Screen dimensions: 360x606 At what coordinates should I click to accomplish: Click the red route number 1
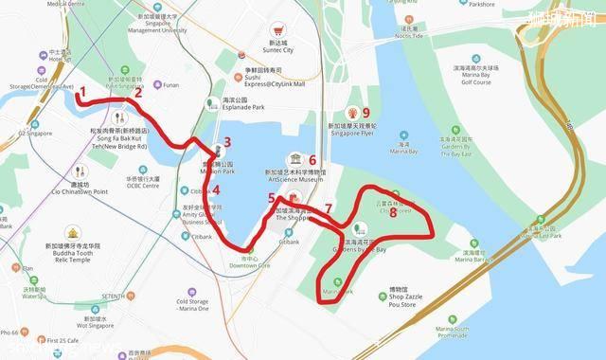coord(82,93)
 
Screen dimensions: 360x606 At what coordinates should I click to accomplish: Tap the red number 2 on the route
coord(138,93)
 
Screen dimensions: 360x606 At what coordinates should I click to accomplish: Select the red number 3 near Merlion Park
coord(227,142)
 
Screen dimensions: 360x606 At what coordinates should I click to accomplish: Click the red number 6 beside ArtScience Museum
coord(312,160)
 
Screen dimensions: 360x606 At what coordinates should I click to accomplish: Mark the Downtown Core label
coord(250,264)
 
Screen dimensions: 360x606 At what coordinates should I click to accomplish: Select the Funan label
coord(170,85)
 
